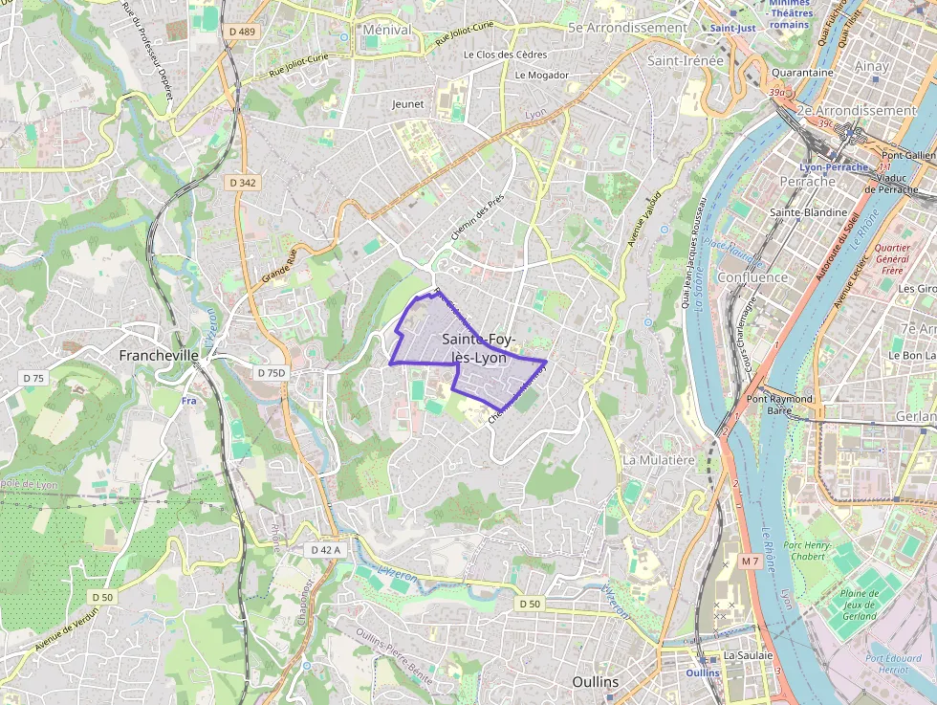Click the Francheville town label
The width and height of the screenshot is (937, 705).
[159, 355]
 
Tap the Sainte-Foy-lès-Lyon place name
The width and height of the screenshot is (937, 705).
[479, 348]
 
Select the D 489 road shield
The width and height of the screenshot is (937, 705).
[243, 32]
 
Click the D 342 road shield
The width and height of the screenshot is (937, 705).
[243, 182]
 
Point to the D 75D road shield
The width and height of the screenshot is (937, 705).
[272, 372]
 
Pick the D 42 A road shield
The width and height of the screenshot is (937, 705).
[326, 550]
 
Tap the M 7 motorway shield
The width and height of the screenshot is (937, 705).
[750, 561]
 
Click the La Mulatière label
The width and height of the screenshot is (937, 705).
[658, 459]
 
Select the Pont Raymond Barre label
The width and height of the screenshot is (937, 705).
[779, 404]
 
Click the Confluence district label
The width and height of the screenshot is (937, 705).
[752, 277]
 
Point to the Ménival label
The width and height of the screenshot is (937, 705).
[387, 30]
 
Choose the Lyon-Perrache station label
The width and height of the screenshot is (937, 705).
[834, 167]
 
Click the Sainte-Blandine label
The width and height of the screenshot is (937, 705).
[809, 212]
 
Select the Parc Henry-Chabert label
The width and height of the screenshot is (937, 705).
[808, 552]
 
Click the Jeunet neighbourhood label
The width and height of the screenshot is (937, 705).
[407, 103]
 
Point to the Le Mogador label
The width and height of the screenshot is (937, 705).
[541, 75]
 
